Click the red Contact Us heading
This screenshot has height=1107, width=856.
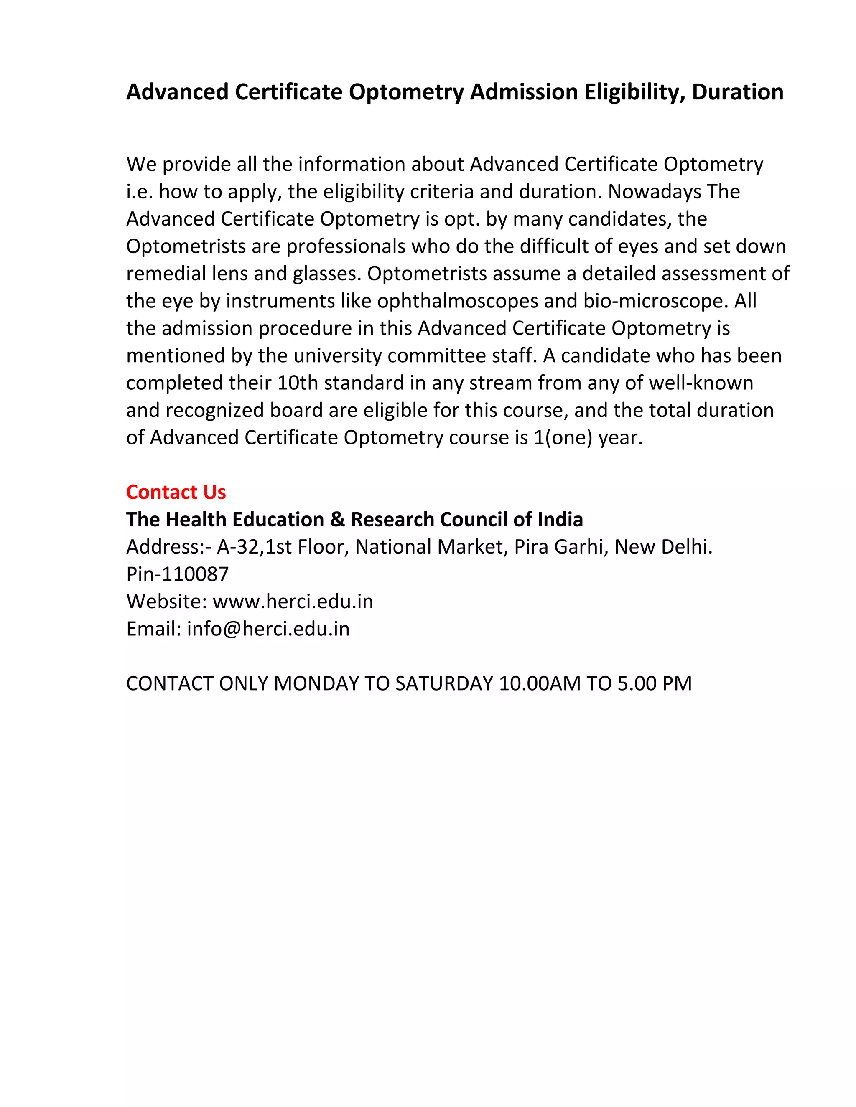[x=176, y=492]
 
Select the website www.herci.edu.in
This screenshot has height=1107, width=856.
[x=293, y=602]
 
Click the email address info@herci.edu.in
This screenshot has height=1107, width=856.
[x=268, y=629]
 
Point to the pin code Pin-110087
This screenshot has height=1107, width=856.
[x=178, y=574]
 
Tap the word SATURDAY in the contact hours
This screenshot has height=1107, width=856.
[x=444, y=684]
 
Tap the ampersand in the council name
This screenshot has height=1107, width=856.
[x=337, y=520]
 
